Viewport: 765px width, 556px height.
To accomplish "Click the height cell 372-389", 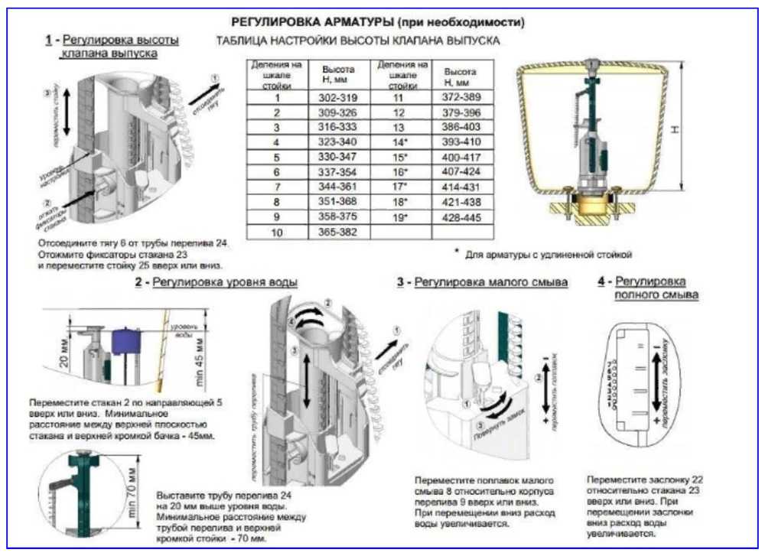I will (462, 98).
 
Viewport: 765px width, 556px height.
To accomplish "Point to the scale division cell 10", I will (278, 230).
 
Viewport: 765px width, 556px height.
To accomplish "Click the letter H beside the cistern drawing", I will (674, 131).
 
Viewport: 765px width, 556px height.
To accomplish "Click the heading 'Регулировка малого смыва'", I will (491, 283).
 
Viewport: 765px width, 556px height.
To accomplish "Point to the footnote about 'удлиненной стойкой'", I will (546, 254).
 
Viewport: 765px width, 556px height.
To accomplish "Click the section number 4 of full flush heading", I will (602, 282).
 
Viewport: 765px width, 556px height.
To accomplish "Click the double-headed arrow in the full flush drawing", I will (655, 380).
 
